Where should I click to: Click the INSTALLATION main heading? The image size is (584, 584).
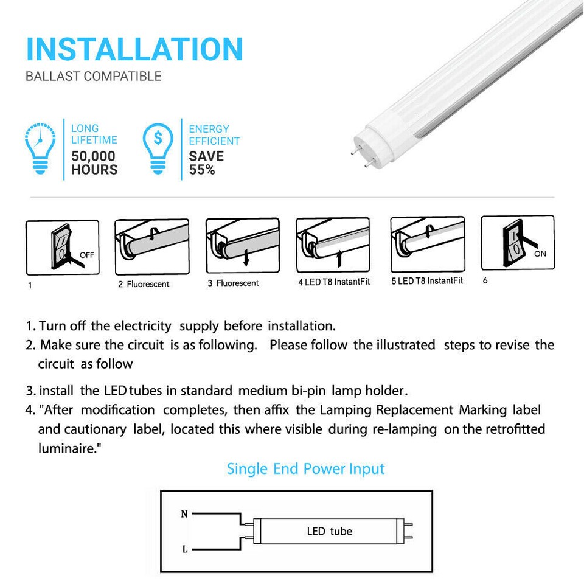134,49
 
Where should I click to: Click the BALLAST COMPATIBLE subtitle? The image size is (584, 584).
94,77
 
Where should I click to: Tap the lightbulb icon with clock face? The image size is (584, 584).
41,148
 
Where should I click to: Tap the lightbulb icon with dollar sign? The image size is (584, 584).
158,148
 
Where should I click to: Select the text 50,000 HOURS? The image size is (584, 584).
94,163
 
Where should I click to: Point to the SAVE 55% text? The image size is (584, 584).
206,163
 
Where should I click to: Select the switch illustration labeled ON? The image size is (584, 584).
517,242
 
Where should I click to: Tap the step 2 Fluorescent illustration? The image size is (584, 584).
152,247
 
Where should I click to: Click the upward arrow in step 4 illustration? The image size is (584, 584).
339,258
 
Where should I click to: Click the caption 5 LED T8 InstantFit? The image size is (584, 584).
427,281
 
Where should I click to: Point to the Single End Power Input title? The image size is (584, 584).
305,469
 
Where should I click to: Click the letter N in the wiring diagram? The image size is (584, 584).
184,514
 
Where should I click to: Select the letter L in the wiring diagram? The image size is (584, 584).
184,549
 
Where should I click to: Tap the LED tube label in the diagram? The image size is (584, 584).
329,531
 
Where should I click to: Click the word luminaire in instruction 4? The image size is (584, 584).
65,448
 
